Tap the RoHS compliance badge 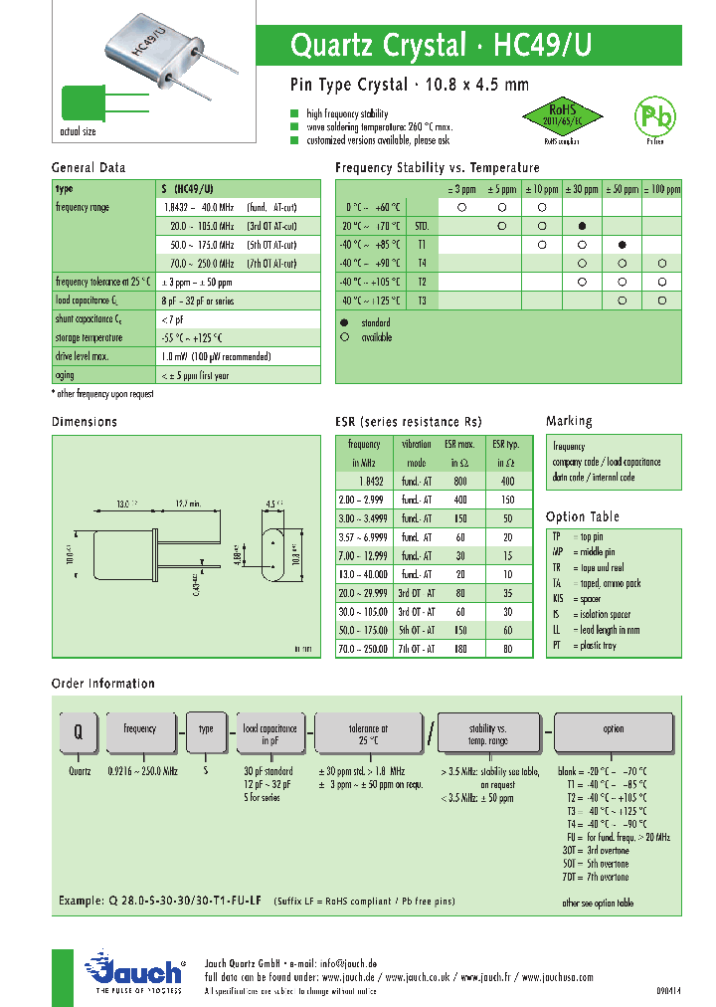click(x=563, y=117)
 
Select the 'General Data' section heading click(x=89, y=168)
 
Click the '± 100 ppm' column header click(x=661, y=189)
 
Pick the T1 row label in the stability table click(x=422, y=244)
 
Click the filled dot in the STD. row click(x=582, y=226)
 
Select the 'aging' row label click(x=66, y=375)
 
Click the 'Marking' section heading click(x=569, y=421)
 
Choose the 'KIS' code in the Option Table click(x=558, y=599)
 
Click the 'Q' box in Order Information click(x=77, y=734)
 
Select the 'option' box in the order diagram click(x=613, y=734)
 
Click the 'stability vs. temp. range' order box click(x=488, y=735)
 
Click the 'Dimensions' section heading click(x=85, y=422)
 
